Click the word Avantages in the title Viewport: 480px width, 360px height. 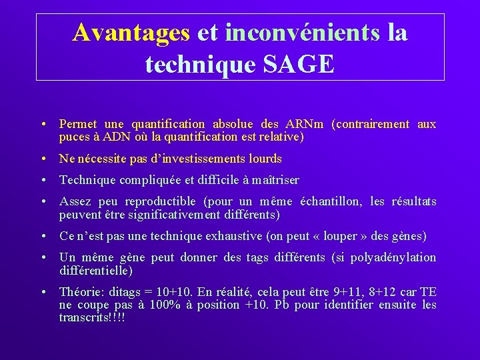coord(131,32)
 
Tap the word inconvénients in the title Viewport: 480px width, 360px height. coord(303,32)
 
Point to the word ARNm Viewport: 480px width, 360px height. coord(304,124)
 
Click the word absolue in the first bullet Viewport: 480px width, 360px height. coord(233,124)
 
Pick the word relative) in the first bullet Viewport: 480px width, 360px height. coord(281,137)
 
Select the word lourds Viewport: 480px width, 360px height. coord(266,159)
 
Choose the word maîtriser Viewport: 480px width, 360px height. coord(274,180)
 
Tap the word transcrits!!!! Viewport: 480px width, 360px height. coord(91,317)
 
